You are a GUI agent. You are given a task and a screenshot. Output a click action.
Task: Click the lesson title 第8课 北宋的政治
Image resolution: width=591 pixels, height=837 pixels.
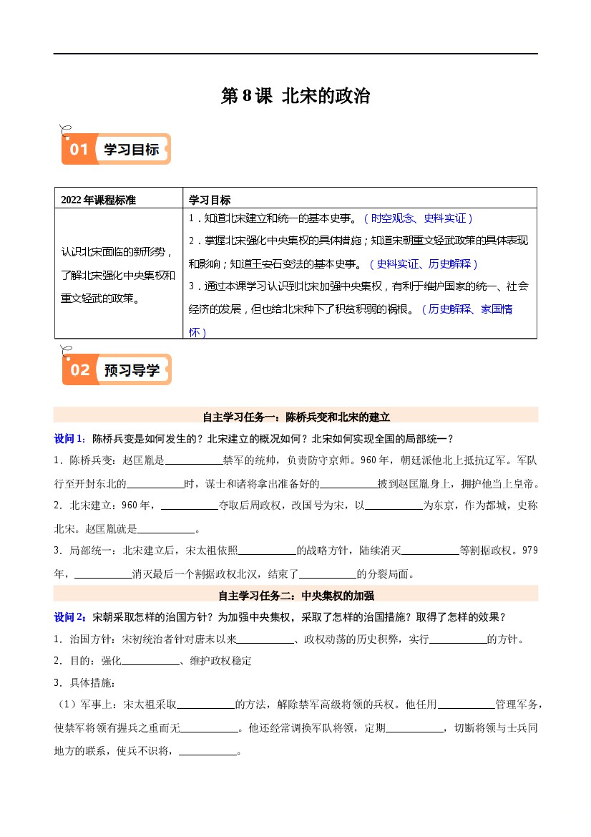295,96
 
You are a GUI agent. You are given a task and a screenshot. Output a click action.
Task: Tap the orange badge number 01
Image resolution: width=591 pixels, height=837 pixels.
79,150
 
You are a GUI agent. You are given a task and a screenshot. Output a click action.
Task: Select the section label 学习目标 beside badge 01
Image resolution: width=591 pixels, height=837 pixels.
132,150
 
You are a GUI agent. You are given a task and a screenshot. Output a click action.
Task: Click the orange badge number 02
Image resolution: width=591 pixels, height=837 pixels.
79,369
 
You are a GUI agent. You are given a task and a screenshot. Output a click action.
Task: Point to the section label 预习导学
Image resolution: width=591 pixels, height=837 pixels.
132,369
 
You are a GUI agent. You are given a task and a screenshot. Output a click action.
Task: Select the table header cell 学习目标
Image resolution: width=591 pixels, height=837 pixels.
210,199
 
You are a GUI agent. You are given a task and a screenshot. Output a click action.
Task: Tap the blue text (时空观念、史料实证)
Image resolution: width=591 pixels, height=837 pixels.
418,218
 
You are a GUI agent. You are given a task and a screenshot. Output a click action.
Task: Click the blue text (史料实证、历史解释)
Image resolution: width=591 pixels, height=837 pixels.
423,263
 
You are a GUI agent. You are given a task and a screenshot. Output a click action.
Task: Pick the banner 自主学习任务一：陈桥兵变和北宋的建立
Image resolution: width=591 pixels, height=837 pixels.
295,416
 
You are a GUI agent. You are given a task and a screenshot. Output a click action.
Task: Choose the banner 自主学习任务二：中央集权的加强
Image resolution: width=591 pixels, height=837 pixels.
295,594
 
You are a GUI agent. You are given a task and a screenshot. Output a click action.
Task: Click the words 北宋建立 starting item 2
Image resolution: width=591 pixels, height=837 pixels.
90,505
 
